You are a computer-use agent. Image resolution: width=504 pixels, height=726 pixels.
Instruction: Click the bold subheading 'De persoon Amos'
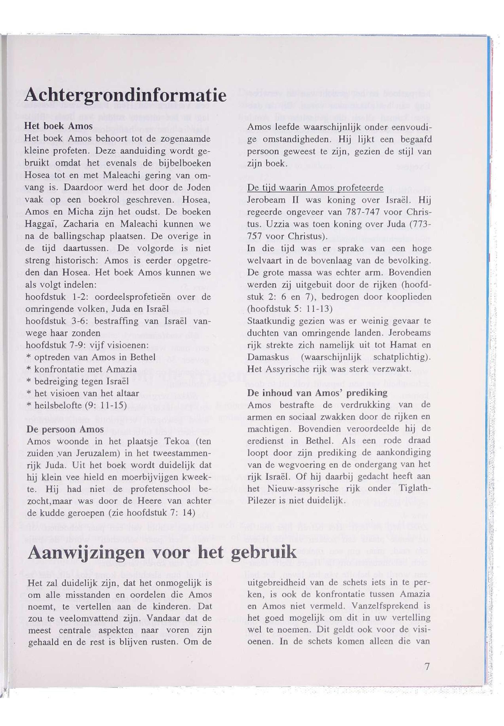click(65, 429)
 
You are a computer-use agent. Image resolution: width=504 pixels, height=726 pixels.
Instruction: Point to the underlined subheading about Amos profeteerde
click(315, 188)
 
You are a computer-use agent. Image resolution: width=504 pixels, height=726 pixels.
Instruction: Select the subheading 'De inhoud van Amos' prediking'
click(317, 393)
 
